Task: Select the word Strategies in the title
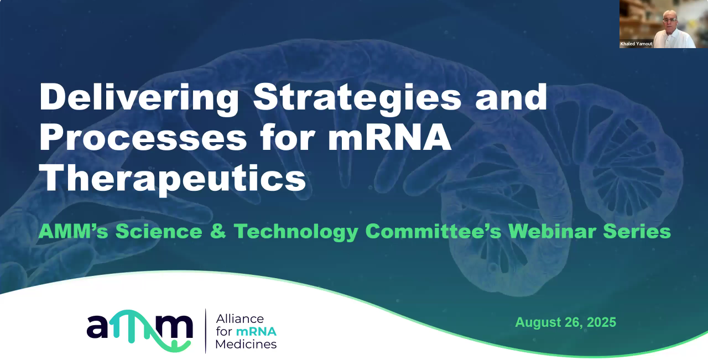(357, 98)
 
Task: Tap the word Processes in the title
(143, 139)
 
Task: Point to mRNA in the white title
(389, 139)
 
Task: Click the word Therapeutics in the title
(173, 179)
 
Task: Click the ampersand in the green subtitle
(218, 231)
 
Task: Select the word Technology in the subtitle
(296, 231)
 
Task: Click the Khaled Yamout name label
(636, 44)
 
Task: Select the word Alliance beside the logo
(240, 319)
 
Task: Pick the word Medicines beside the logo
(246, 345)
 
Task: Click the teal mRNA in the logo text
(256, 332)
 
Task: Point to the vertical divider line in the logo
(206, 331)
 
